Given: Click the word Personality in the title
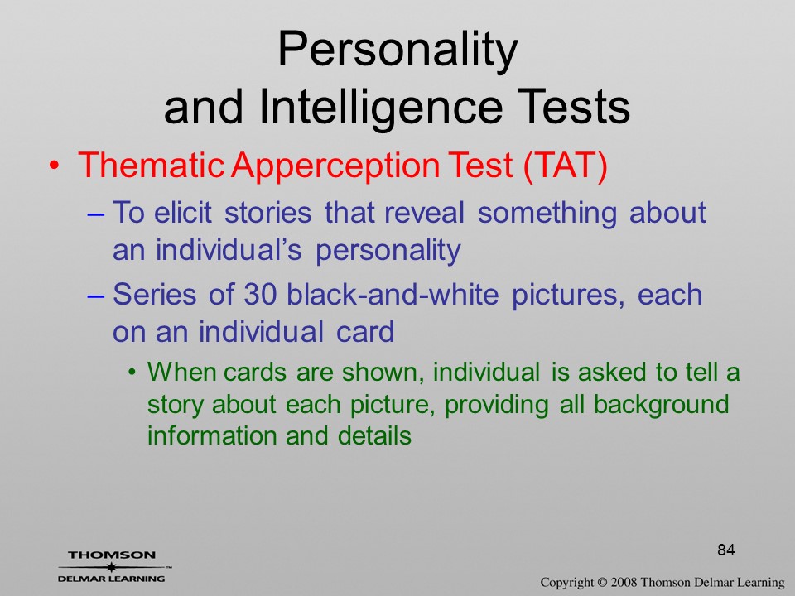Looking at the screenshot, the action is point(397,50).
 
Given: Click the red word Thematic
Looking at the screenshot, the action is point(151,166).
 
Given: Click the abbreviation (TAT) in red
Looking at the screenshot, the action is point(564,166).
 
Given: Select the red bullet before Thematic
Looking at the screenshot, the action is point(55,166).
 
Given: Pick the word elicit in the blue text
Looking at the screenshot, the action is point(182,213).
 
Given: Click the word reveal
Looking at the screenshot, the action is point(424,213).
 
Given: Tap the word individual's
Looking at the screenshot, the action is point(229,249).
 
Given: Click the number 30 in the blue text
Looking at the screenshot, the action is point(258,295).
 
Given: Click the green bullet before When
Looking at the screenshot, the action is point(132,373).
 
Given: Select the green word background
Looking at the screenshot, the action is point(661,405).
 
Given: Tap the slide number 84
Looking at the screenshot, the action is point(726,550).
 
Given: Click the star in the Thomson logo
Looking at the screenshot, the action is point(111,566).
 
